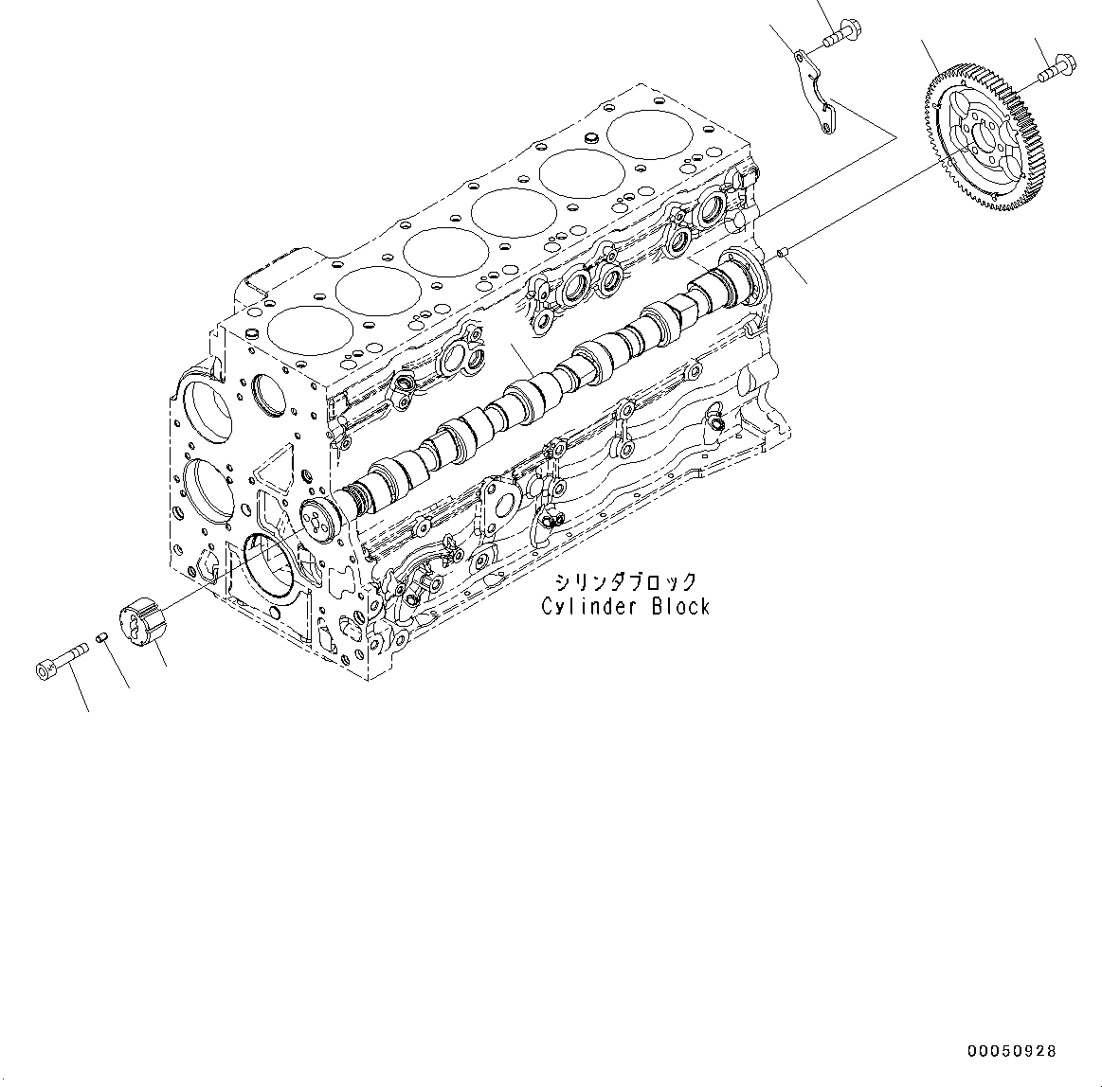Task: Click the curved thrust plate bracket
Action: (x=817, y=94)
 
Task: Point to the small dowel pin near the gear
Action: (x=783, y=251)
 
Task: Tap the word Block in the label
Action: (x=679, y=606)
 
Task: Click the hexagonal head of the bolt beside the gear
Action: (x=1065, y=63)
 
